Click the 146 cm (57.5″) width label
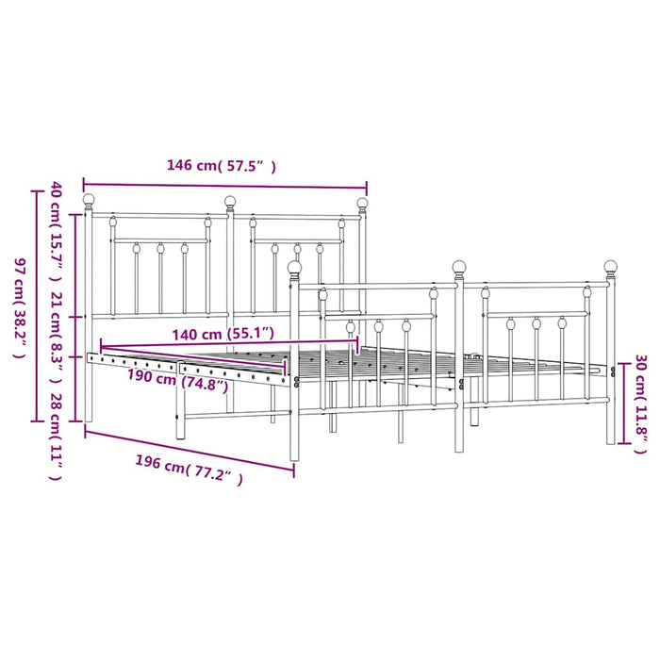(222, 166)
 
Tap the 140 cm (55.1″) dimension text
(223, 334)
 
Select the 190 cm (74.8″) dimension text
(177, 380)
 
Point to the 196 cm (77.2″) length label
(189, 470)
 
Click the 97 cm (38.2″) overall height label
(20, 307)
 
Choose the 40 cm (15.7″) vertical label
(57, 231)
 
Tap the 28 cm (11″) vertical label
(57, 437)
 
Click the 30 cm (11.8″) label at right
(640, 404)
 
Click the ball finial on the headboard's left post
(89, 200)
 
